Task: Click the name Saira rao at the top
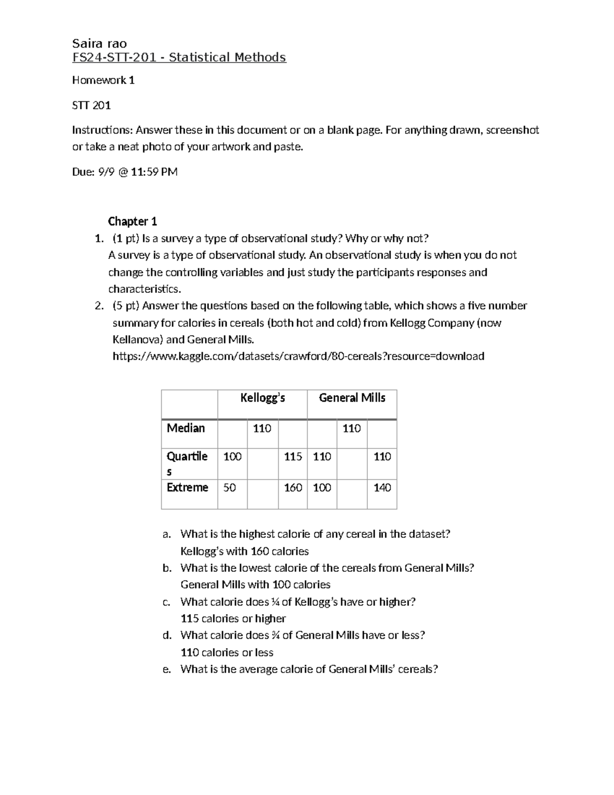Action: click(99, 44)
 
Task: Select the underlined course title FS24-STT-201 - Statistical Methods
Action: click(179, 57)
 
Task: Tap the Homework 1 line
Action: click(103, 80)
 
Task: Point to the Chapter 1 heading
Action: click(132, 222)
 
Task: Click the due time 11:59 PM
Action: click(154, 172)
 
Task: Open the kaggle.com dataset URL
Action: click(298, 356)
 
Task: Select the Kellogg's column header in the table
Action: click(262, 398)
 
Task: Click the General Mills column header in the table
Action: click(352, 398)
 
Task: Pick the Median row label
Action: click(186, 428)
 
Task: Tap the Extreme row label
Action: click(187, 487)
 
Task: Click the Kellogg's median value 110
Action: click(262, 428)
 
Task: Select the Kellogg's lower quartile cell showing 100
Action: click(232, 457)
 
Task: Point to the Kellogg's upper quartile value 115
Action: click(293, 457)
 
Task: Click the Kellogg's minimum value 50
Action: click(230, 488)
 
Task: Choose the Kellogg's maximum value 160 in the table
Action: click(293, 488)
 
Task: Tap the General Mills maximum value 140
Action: click(382, 488)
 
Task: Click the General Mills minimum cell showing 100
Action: click(322, 488)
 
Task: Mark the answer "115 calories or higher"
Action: click(233, 618)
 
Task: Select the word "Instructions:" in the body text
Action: click(102, 130)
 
